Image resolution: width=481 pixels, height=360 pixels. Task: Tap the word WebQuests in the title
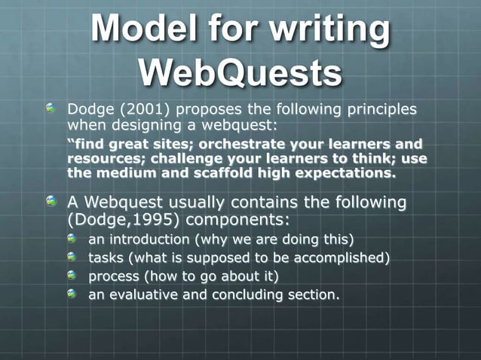point(240,74)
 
